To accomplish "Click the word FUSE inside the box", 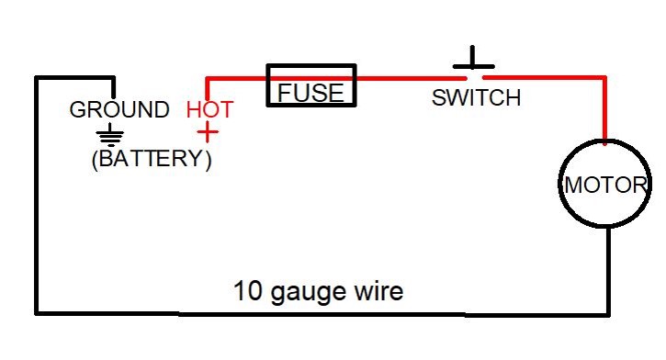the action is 310,93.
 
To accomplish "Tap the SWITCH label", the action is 476,97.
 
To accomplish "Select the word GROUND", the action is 119,109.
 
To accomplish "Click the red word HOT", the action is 209,109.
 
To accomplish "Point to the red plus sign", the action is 208,132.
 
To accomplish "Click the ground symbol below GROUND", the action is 110,135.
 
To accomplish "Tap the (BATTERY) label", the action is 152,159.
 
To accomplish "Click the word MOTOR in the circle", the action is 605,186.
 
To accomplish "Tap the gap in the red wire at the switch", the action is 475,78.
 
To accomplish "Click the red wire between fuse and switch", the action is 412,78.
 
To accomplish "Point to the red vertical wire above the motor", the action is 604,110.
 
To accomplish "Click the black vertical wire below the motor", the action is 608,272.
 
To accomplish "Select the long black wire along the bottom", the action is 322,314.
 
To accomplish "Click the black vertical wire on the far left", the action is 38,196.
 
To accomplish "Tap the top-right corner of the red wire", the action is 604,78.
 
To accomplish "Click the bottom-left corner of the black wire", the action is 38,313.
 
